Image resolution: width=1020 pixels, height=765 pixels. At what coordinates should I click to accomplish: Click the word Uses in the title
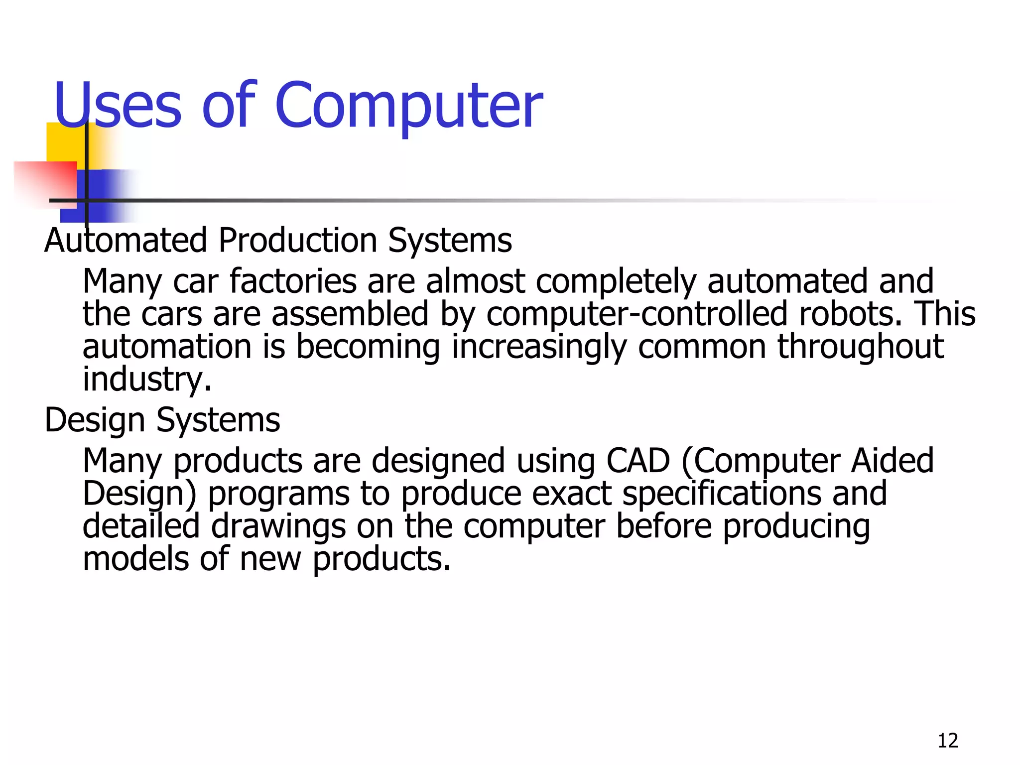coord(118,106)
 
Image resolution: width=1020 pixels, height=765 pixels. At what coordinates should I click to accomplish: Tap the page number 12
coord(948,741)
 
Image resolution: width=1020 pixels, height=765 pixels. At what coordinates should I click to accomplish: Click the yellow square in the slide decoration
coord(65,141)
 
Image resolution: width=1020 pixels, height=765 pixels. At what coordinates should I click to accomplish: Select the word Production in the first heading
coord(297,241)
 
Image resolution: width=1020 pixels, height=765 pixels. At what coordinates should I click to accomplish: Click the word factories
coord(293,281)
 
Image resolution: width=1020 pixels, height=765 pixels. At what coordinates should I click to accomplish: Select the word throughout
coord(860,347)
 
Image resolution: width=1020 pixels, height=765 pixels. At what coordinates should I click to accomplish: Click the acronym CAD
coord(638,461)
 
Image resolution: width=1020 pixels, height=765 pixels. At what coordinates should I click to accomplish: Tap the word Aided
coord(892,461)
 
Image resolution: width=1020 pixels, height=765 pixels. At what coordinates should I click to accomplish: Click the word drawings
coord(278,526)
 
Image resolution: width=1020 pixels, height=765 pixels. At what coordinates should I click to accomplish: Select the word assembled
coord(350,314)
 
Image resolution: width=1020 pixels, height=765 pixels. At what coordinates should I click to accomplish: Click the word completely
coord(616,281)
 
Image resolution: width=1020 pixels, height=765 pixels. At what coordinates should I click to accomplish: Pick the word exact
coord(571,494)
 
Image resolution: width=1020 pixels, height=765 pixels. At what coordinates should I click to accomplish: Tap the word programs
coord(278,494)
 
